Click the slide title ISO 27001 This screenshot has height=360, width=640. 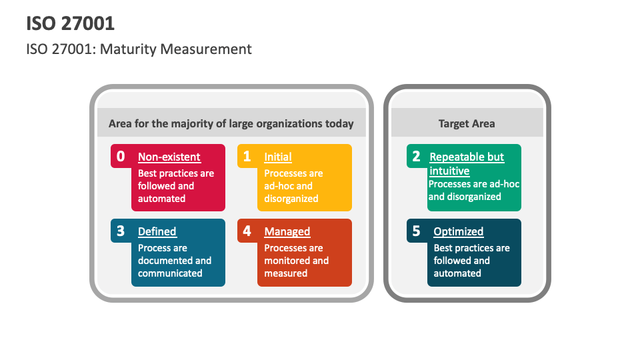click(71, 23)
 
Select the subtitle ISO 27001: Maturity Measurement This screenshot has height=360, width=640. click(139, 49)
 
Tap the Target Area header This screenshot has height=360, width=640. click(467, 123)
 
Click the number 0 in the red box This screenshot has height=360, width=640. click(121, 157)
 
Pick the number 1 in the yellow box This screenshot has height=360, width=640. click(247, 157)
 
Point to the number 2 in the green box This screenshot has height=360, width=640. click(416, 157)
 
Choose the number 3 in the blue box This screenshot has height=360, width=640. click(121, 231)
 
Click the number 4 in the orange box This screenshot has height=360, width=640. click(247, 231)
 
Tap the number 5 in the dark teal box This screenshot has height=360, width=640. click(416, 231)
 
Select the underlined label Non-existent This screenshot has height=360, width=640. click(169, 157)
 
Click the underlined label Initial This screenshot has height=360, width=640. click(278, 157)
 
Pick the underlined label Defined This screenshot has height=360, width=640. click(157, 232)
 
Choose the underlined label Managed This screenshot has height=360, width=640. click(287, 232)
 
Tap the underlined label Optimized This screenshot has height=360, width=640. click(459, 232)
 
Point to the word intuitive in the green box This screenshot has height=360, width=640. click(449, 171)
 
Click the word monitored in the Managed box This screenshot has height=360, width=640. click(287, 261)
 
